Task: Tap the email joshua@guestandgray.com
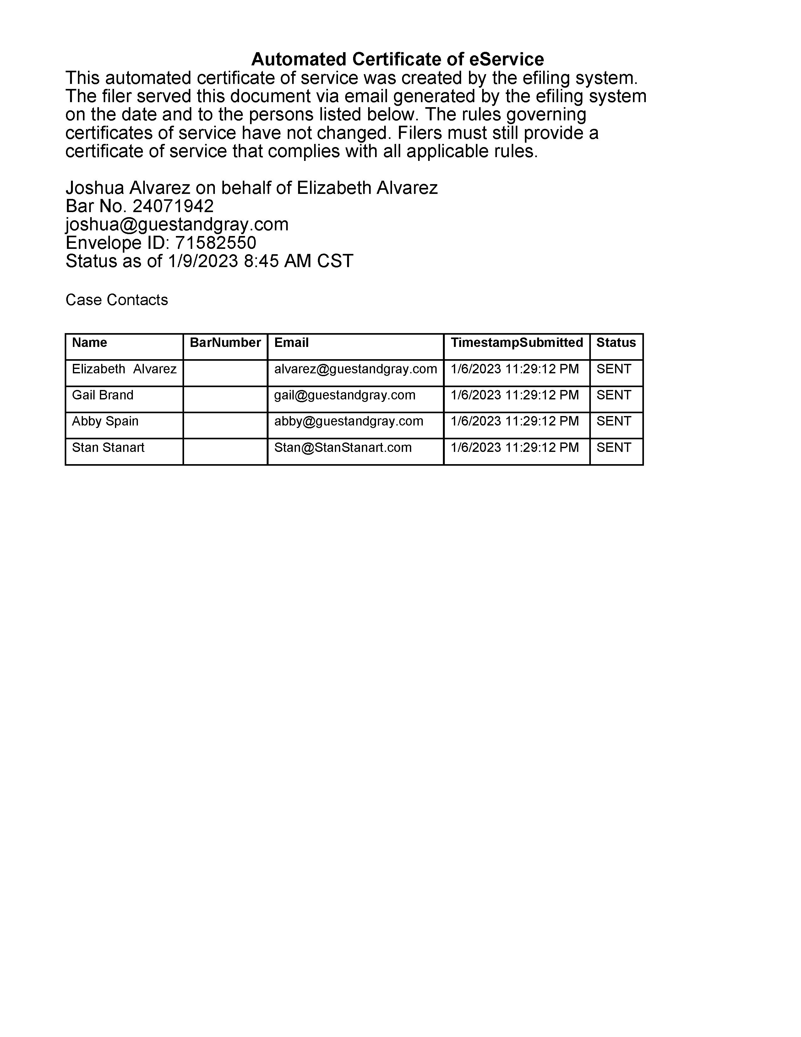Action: coord(177,224)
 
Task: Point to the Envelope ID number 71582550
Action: coord(215,243)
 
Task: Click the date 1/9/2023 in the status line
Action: coord(203,261)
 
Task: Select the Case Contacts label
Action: coord(117,299)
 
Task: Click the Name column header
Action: coord(90,343)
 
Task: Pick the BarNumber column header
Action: coord(226,343)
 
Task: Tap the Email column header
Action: coord(292,343)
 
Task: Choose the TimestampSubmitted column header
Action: coord(517,343)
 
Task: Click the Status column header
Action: coord(616,343)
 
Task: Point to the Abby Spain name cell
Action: coord(105,421)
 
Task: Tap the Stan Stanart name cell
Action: coord(108,447)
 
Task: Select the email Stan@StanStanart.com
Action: coord(343,447)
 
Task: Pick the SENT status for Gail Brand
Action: coord(613,395)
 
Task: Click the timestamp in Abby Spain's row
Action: coord(515,421)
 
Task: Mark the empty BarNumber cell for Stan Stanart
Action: coord(226,451)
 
